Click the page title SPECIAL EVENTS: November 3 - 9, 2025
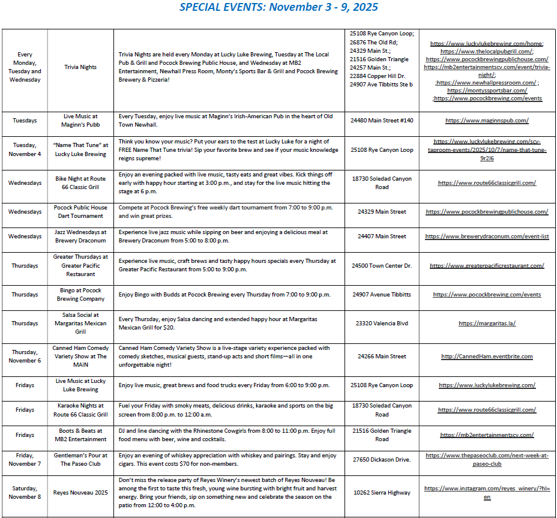click(278, 7)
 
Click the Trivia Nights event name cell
click(80, 67)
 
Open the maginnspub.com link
click(487, 121)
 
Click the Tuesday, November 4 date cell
click(25, 149)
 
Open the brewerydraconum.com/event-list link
click(487, 236)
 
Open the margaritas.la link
click(487, 324)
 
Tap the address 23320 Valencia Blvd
click(382, 324)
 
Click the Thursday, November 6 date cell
click(25, 357)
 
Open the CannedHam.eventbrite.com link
click(487, 357)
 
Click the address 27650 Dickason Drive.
click(382, 460)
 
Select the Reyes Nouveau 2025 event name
click(80, 493)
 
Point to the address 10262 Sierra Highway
click(382, 493)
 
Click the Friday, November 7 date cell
click(25, 460)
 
